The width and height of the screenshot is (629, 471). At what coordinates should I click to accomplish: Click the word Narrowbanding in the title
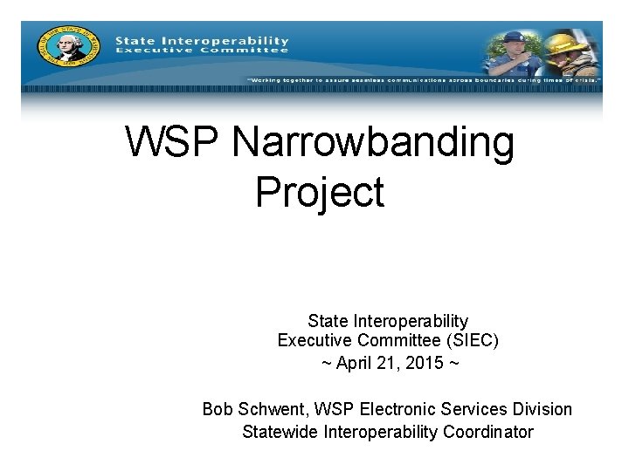point(373,143)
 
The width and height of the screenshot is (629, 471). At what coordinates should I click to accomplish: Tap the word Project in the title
point(320,191)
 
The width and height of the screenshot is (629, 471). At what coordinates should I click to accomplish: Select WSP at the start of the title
point(172,143)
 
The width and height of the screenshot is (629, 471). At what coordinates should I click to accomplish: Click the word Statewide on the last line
point(280,432)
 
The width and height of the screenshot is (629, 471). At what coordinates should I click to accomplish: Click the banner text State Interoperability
point(202,40)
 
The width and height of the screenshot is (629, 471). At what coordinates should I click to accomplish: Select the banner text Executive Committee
point(202,51)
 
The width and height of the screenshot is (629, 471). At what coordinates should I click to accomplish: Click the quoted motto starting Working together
point(423,80)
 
